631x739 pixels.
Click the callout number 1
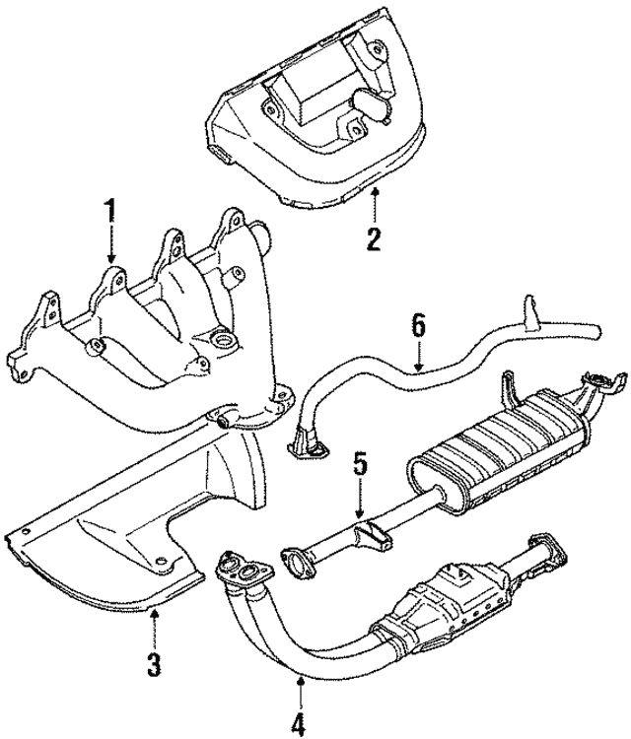pyautogui.click(x=110, y=211)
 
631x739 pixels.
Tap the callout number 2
pyautogui.click(x=373, y=237)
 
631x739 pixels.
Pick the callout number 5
pyautogui.click(x=359, y=464)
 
